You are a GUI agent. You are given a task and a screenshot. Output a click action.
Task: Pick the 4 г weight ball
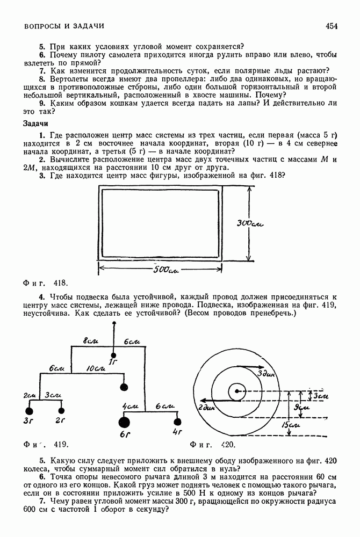[178, 422]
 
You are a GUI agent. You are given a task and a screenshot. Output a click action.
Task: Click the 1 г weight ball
[113, 354]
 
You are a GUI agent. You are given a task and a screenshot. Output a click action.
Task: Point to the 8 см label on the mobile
[90, 342]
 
